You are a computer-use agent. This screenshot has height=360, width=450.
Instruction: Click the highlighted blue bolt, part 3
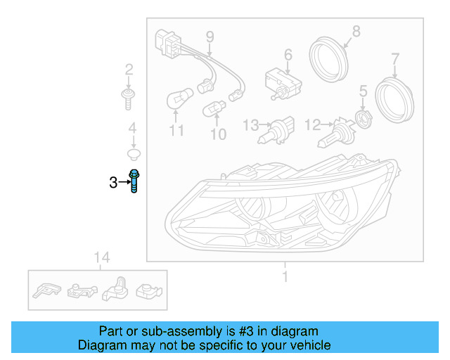click(134, 181)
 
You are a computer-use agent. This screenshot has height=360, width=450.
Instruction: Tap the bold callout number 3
click(113, 183)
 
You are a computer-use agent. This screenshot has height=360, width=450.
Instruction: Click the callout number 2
click(129, 70)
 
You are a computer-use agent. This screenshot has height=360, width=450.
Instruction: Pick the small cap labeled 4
click(132, 153)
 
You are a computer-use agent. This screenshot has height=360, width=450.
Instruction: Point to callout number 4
click(131, 128)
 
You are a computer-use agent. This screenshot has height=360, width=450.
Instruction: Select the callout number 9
click(210, 37)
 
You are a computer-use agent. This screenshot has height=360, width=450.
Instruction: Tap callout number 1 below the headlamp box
click(285, 277)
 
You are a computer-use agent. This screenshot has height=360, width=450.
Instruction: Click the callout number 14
click(102, 258)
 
